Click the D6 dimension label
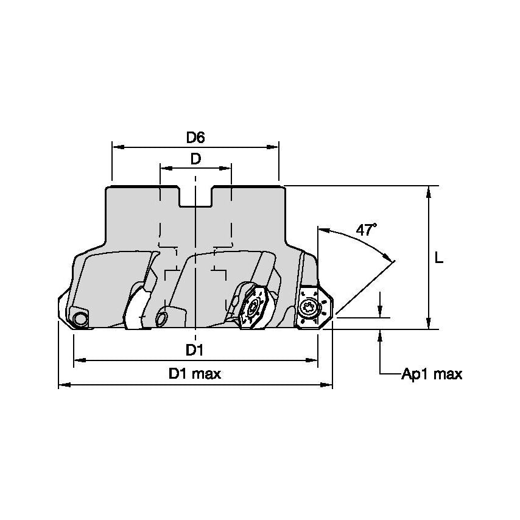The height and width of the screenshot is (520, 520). (x=195, y=138)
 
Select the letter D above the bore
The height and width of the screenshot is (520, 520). (x=195, y=159)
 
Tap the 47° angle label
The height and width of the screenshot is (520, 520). (x=366, y=230)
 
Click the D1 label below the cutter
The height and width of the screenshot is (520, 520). (x=195, y=350)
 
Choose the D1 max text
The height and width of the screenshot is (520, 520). (x=195, y=374)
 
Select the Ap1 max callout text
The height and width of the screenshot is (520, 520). (x=431, y=374)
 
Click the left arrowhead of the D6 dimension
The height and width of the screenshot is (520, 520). (x=117, y=147)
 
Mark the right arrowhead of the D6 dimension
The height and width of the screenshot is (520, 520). (x=273, y=147)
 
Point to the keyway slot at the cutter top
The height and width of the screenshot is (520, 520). (x=195, y=196)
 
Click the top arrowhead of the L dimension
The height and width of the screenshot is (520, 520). (x=429, y=191)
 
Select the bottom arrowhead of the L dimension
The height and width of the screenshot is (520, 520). (x=429, y=324)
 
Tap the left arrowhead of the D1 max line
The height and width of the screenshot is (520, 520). (x=64, y=385)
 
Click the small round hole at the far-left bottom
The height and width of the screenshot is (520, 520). (x=79, y=318)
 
